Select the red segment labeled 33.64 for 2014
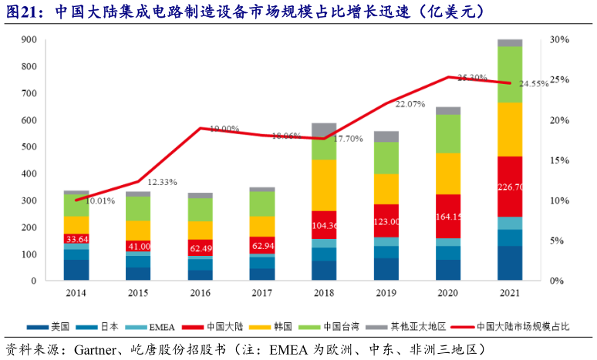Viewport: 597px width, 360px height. point(76,238)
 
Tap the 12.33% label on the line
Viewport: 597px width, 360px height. point(162,182)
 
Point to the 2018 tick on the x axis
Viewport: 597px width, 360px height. point(324,294)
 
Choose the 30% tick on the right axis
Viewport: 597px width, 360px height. point(560,40)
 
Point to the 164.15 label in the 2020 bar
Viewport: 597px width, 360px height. point(448,217)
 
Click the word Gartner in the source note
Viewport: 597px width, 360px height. point(96,349)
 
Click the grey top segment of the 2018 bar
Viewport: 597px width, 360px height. point(324,130)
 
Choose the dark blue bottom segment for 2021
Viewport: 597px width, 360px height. point(510,264)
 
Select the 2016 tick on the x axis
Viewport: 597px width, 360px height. point(200,294)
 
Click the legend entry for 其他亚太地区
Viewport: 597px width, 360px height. point(398,326)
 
